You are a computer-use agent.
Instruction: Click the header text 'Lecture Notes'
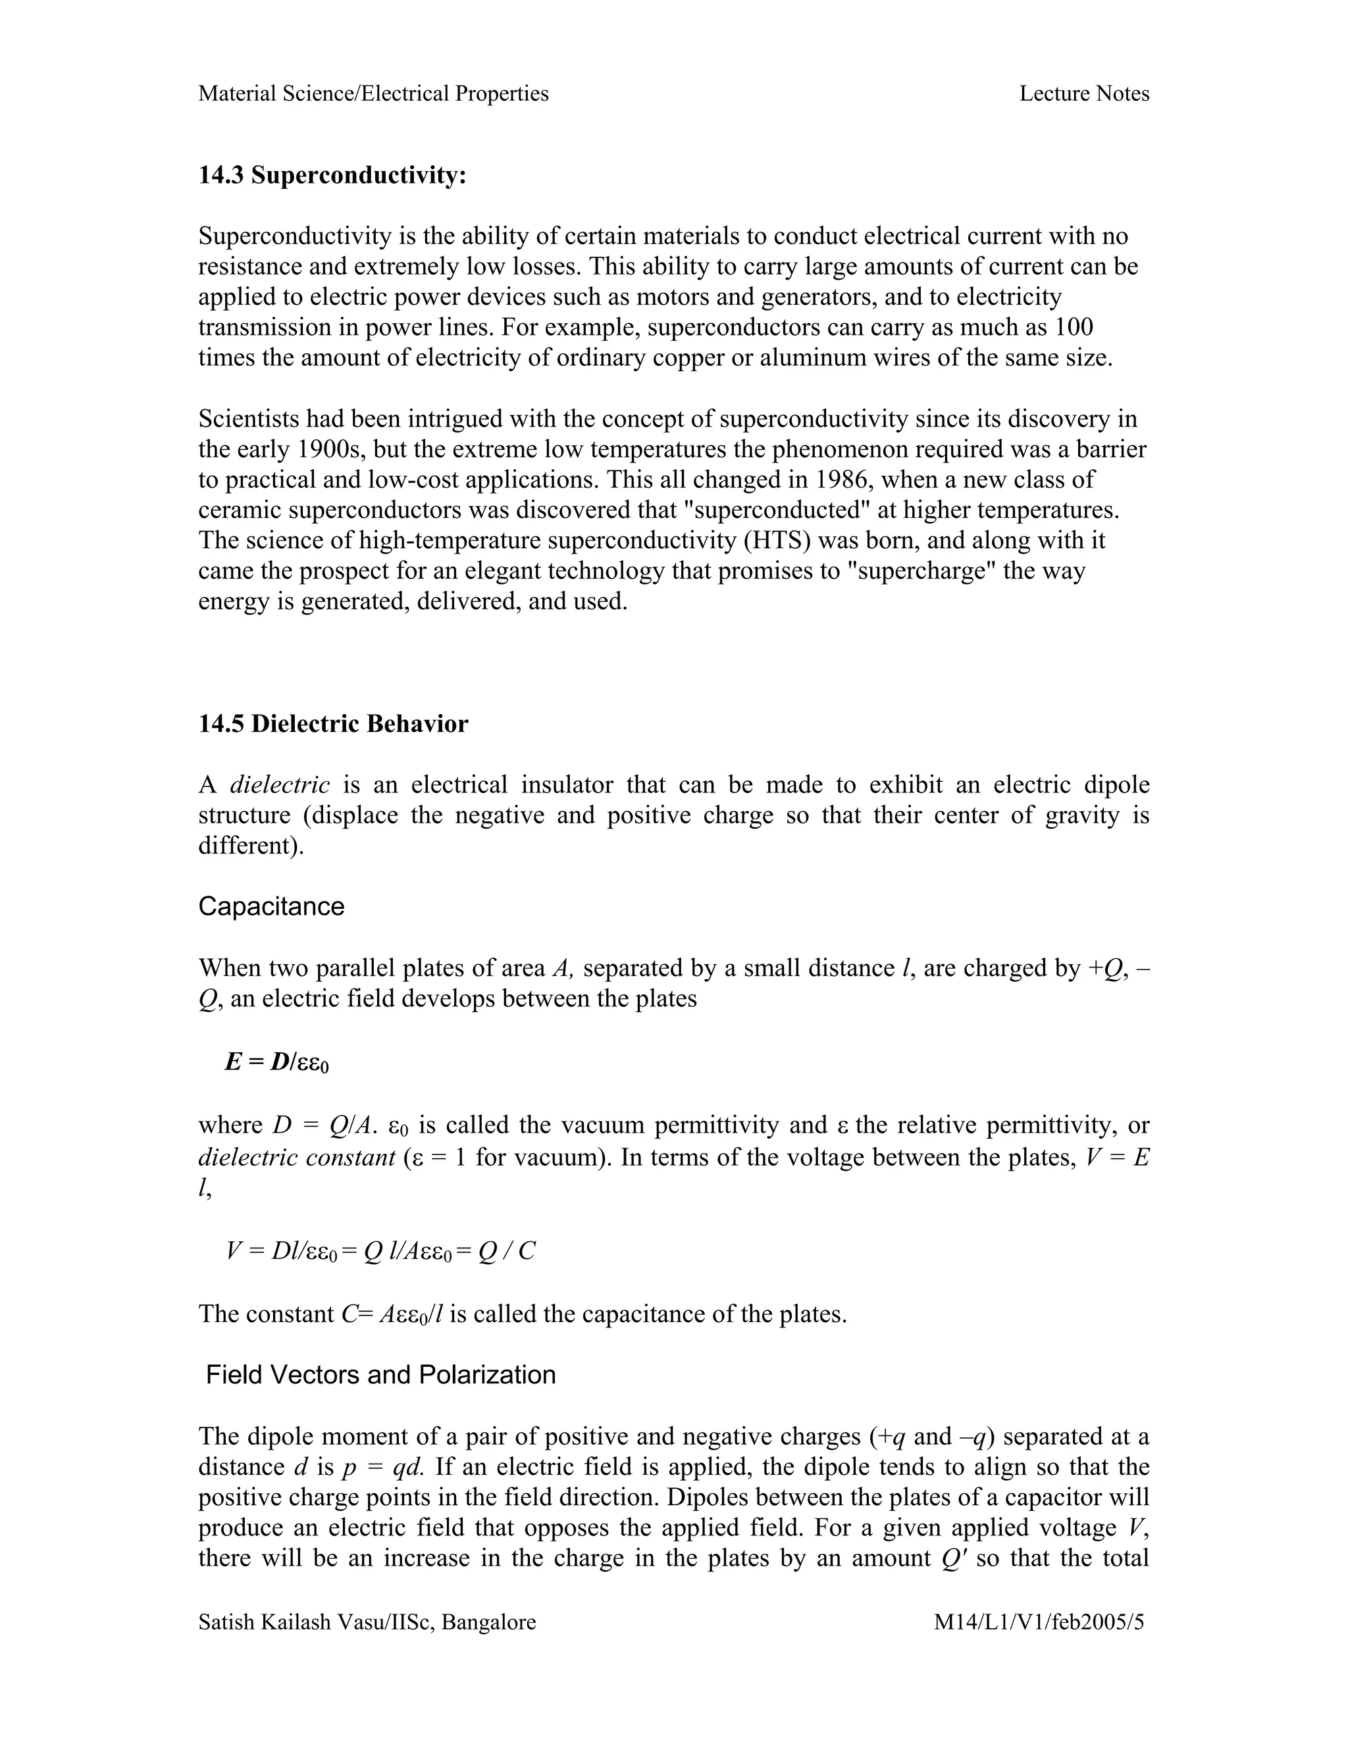click(1083, 94)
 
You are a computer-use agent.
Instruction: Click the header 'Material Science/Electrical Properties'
click(373, 94)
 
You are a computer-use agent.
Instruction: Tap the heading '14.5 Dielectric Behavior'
click(333, 725)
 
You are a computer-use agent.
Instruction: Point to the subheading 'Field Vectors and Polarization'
click(380, 1375)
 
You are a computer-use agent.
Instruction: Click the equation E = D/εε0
click(276, 1063)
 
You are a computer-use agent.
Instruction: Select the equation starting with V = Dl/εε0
click(380, 1251)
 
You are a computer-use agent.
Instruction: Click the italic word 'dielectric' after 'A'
click(280, 785)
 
